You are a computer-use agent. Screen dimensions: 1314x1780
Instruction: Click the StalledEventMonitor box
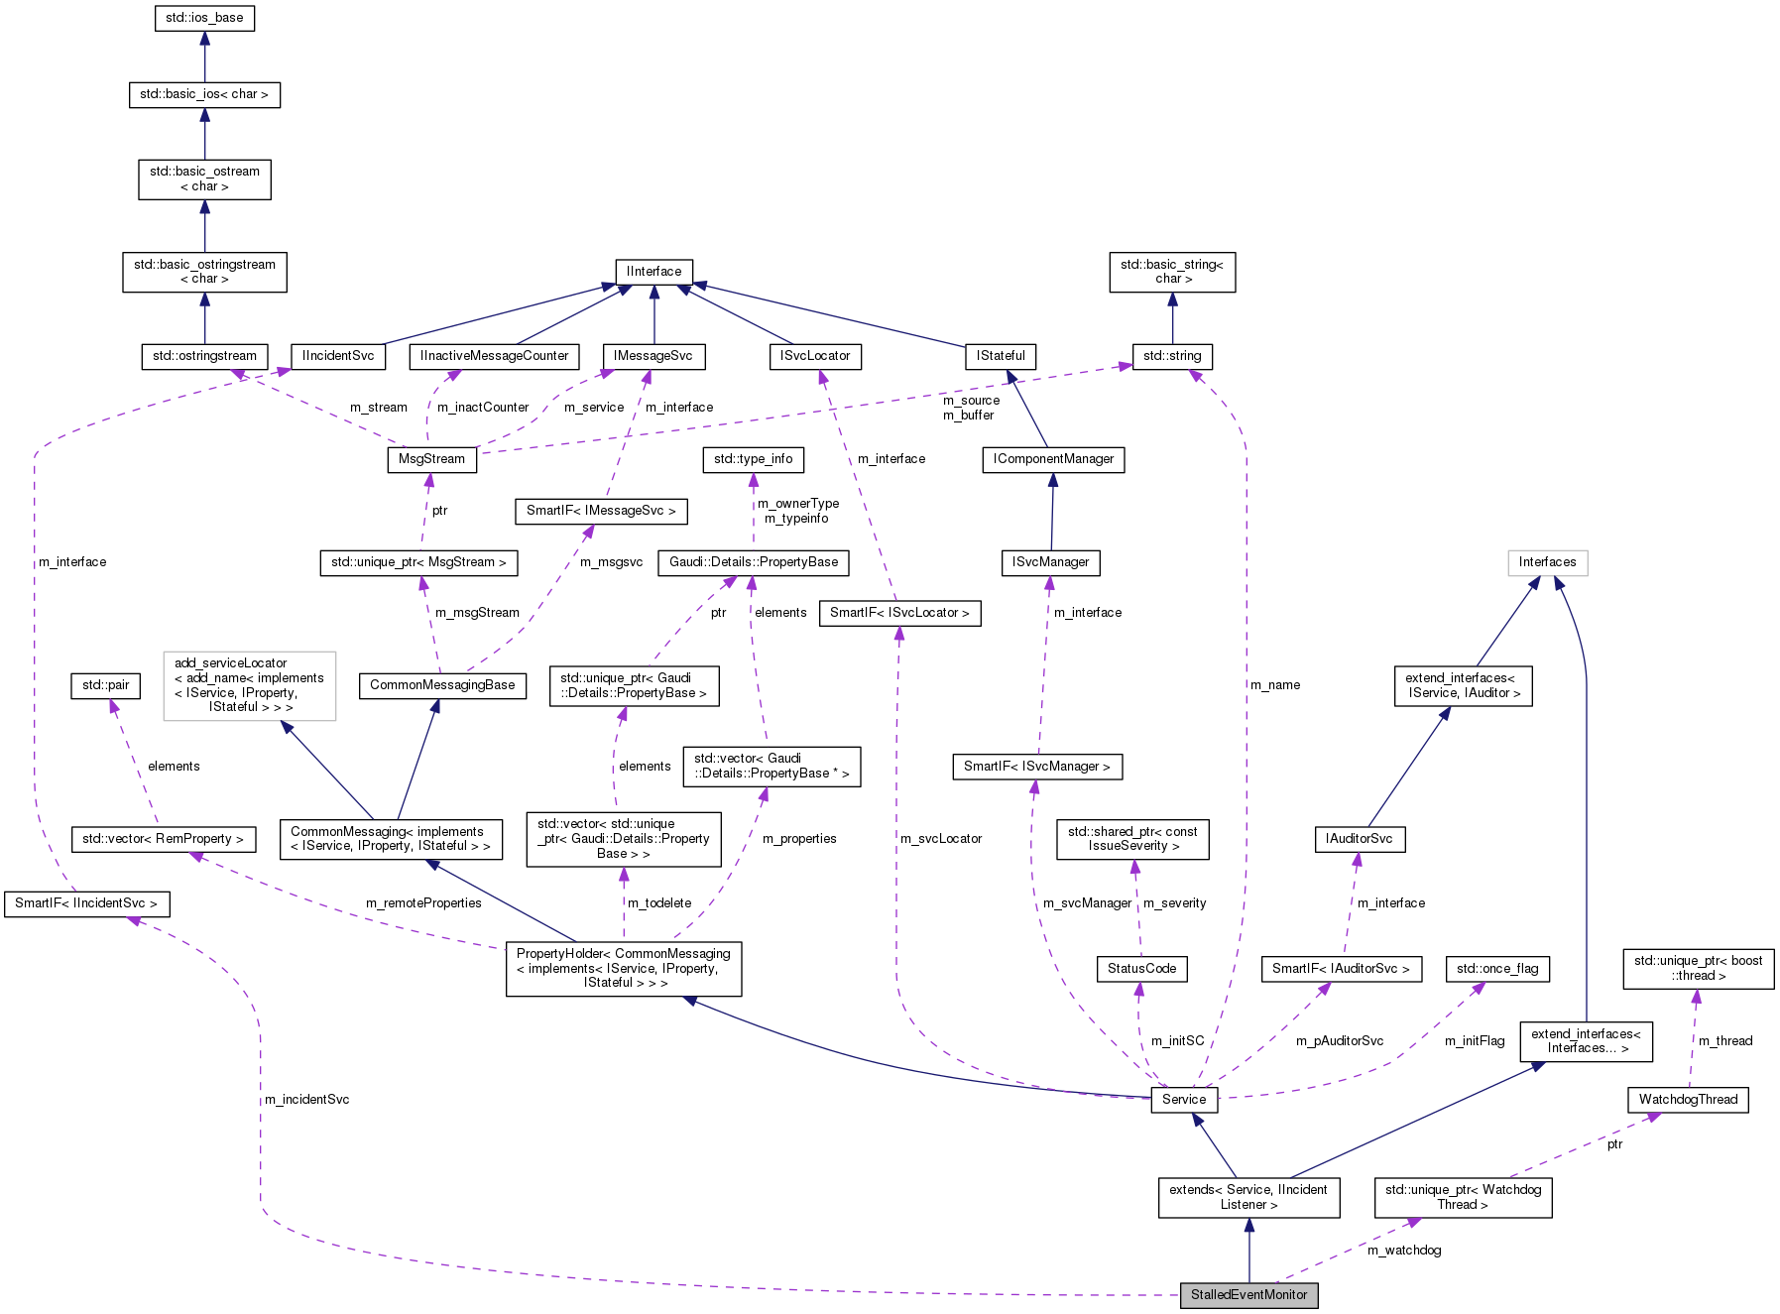point(1248,1294)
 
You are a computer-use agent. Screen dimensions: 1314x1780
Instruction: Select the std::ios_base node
point(204,18)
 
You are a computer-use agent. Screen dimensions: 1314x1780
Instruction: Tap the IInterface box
point(653,271)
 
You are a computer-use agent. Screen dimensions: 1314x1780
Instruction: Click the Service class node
point(1184,1099)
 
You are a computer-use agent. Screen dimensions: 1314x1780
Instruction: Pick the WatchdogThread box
point(1688,1099)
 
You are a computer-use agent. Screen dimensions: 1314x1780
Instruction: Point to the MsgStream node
point(431,459)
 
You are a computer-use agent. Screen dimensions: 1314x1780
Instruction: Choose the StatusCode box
point(1141,968)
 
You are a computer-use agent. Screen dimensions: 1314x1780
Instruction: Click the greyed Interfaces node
point(1547,562)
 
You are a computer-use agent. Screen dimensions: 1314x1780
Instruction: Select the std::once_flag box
point(1497,968)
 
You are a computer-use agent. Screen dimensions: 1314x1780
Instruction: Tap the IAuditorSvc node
point(1359,839)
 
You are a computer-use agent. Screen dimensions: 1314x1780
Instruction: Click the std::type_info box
point(753,459)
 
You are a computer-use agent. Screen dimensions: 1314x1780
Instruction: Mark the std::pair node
point(105,685)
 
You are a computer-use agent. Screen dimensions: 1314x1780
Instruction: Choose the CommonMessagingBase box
point(442,685)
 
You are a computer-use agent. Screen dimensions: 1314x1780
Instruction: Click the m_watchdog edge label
point(1404,1251)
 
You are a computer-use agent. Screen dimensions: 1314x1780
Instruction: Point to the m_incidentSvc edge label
point(306,1100)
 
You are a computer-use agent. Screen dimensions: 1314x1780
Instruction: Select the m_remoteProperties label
point(423,903)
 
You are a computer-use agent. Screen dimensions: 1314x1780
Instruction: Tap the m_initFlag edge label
point(1475,1041)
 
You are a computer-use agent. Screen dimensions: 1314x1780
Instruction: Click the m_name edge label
point(1275,685)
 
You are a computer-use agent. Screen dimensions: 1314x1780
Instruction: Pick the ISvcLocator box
point(815,356)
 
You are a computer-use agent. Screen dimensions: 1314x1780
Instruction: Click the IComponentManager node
point(1053,459)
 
